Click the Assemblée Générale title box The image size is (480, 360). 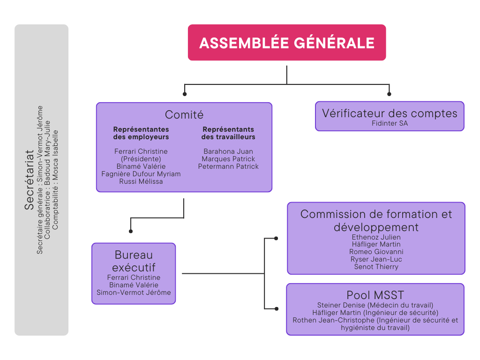287,43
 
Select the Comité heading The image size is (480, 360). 184,115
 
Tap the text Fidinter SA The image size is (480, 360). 390,123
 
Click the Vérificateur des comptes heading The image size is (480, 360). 390,113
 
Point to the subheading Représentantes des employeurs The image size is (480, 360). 141,133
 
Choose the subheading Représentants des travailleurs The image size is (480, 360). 228,133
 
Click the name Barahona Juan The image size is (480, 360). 228,151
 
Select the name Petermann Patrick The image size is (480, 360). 228,166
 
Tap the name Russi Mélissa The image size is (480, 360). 141,181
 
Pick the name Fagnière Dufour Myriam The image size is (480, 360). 141,174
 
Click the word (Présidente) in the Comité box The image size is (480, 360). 141,159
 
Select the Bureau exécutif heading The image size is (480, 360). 134,261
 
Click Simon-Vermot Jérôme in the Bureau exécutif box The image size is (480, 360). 134,292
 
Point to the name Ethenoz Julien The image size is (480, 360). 376,237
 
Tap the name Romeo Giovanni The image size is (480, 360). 376,252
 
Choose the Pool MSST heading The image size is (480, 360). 375,295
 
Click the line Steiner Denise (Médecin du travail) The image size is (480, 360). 375,305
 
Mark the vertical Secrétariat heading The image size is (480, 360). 29,180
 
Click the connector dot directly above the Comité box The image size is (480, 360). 185,94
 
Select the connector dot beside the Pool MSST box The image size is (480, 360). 277,309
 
